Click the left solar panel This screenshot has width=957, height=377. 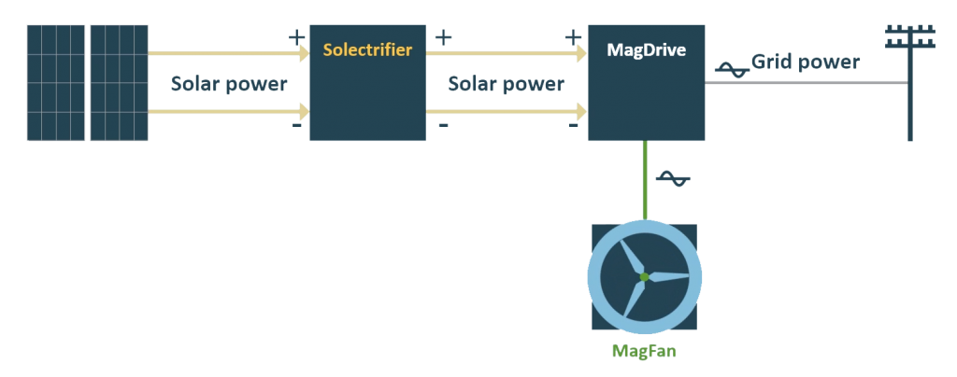pyautogui.click(x=55, y=83)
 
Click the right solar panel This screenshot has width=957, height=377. pyautogui.click(x=119, y=83)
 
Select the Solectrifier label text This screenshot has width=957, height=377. pyautogui.click(x=367, y=49)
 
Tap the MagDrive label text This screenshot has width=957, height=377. pyautogui.click(x=646, y=49)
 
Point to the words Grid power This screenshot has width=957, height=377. pyautogui.click(x=805, y=63)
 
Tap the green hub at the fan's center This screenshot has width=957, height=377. pyautogui.click(x=643, y=276)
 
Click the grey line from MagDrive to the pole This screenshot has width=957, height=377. pyautogui.click(x=804, y=83)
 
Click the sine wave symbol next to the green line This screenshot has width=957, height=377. pyautogui.click(x=672, y=178)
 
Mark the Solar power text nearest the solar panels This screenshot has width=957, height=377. pyautogui.click(x=229, y=83)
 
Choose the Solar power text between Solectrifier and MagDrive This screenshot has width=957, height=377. pyautogui.click(x=507, y=83)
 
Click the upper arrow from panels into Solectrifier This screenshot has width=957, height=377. pyautogui.click(x=229, y=53)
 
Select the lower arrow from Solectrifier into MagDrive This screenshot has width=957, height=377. pyautogui.click(x=507, y=114)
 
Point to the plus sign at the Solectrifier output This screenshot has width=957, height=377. pyautogui.click(x=444, y=37)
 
